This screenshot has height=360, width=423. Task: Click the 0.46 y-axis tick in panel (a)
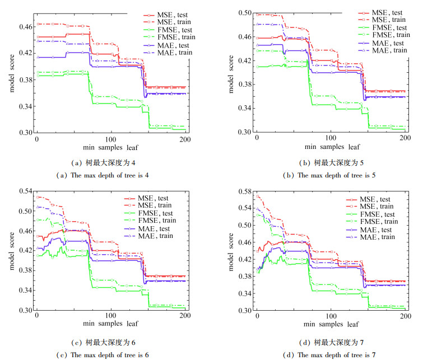pyautogui.click(x=25, y=27)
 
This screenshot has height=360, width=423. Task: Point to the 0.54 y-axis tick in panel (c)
pyautogui.click(x=25, y=191)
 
